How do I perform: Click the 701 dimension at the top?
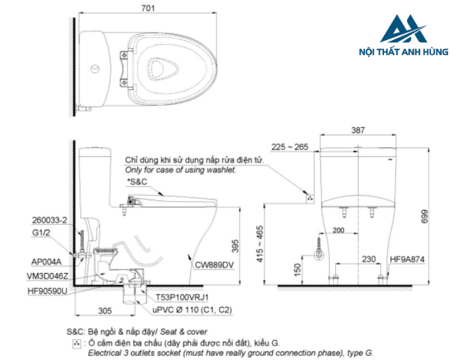click(149, 8)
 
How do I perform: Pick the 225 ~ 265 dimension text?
click(289, 146)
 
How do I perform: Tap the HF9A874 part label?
click(408, 259)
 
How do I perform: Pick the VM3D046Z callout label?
click(47, 276)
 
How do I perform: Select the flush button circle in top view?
click(96, 69)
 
